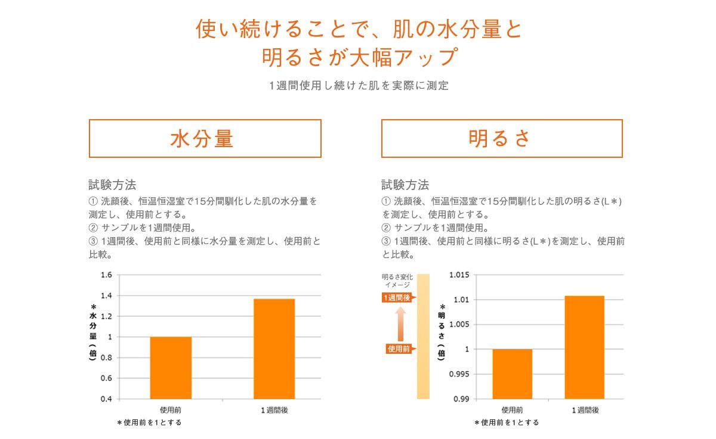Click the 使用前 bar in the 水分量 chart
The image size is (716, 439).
pos(171,368)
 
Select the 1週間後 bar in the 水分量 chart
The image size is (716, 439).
pos(274,348)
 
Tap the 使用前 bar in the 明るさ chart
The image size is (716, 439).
pos(512,373)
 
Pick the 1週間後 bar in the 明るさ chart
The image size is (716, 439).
pos(584,347)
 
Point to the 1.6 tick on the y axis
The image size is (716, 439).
pos(106,275)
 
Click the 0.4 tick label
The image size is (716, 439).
pos(106,398)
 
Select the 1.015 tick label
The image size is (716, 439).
pos(459,275)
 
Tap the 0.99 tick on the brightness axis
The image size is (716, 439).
pos(461,398)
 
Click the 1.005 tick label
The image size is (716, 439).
pos(459,325)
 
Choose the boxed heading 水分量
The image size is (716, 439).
pos(205,139)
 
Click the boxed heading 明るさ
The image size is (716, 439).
pos(501,139)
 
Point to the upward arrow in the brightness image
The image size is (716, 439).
pos(400,323)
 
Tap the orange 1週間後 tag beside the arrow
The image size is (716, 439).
pos(397,297)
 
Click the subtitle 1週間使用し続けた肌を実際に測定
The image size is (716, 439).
pos(358,86)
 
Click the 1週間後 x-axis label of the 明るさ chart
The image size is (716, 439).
pos(585,410)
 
